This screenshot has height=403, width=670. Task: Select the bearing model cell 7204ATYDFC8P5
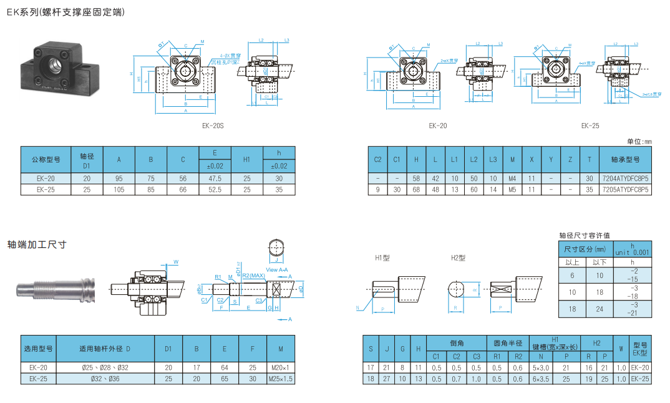click(626, 179)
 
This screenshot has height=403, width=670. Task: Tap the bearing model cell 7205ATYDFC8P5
click(626, 188)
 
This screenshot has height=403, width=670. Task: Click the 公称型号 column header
click(46, 159)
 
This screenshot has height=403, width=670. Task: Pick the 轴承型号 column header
click(626, 159)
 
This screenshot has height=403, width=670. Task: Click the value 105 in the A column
click(119, 188)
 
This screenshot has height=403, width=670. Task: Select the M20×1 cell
click(281, 368)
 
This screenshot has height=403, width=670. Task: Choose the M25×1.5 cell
click(281, 379)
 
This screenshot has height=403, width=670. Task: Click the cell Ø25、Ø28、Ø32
click(105, 368)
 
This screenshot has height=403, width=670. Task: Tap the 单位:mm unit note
click(639, 142)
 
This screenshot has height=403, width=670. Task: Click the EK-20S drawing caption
click(213, 126)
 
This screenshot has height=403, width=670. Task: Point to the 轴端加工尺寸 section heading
click(37, 244)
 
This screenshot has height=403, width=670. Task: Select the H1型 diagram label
click(382, 257)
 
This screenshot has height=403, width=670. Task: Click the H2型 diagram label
click(459, 257)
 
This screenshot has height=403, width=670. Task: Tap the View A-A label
click(278, 269)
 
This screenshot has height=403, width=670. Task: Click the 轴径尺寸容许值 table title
click(585, 236)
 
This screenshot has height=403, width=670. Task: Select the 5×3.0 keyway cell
click(540, 368)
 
